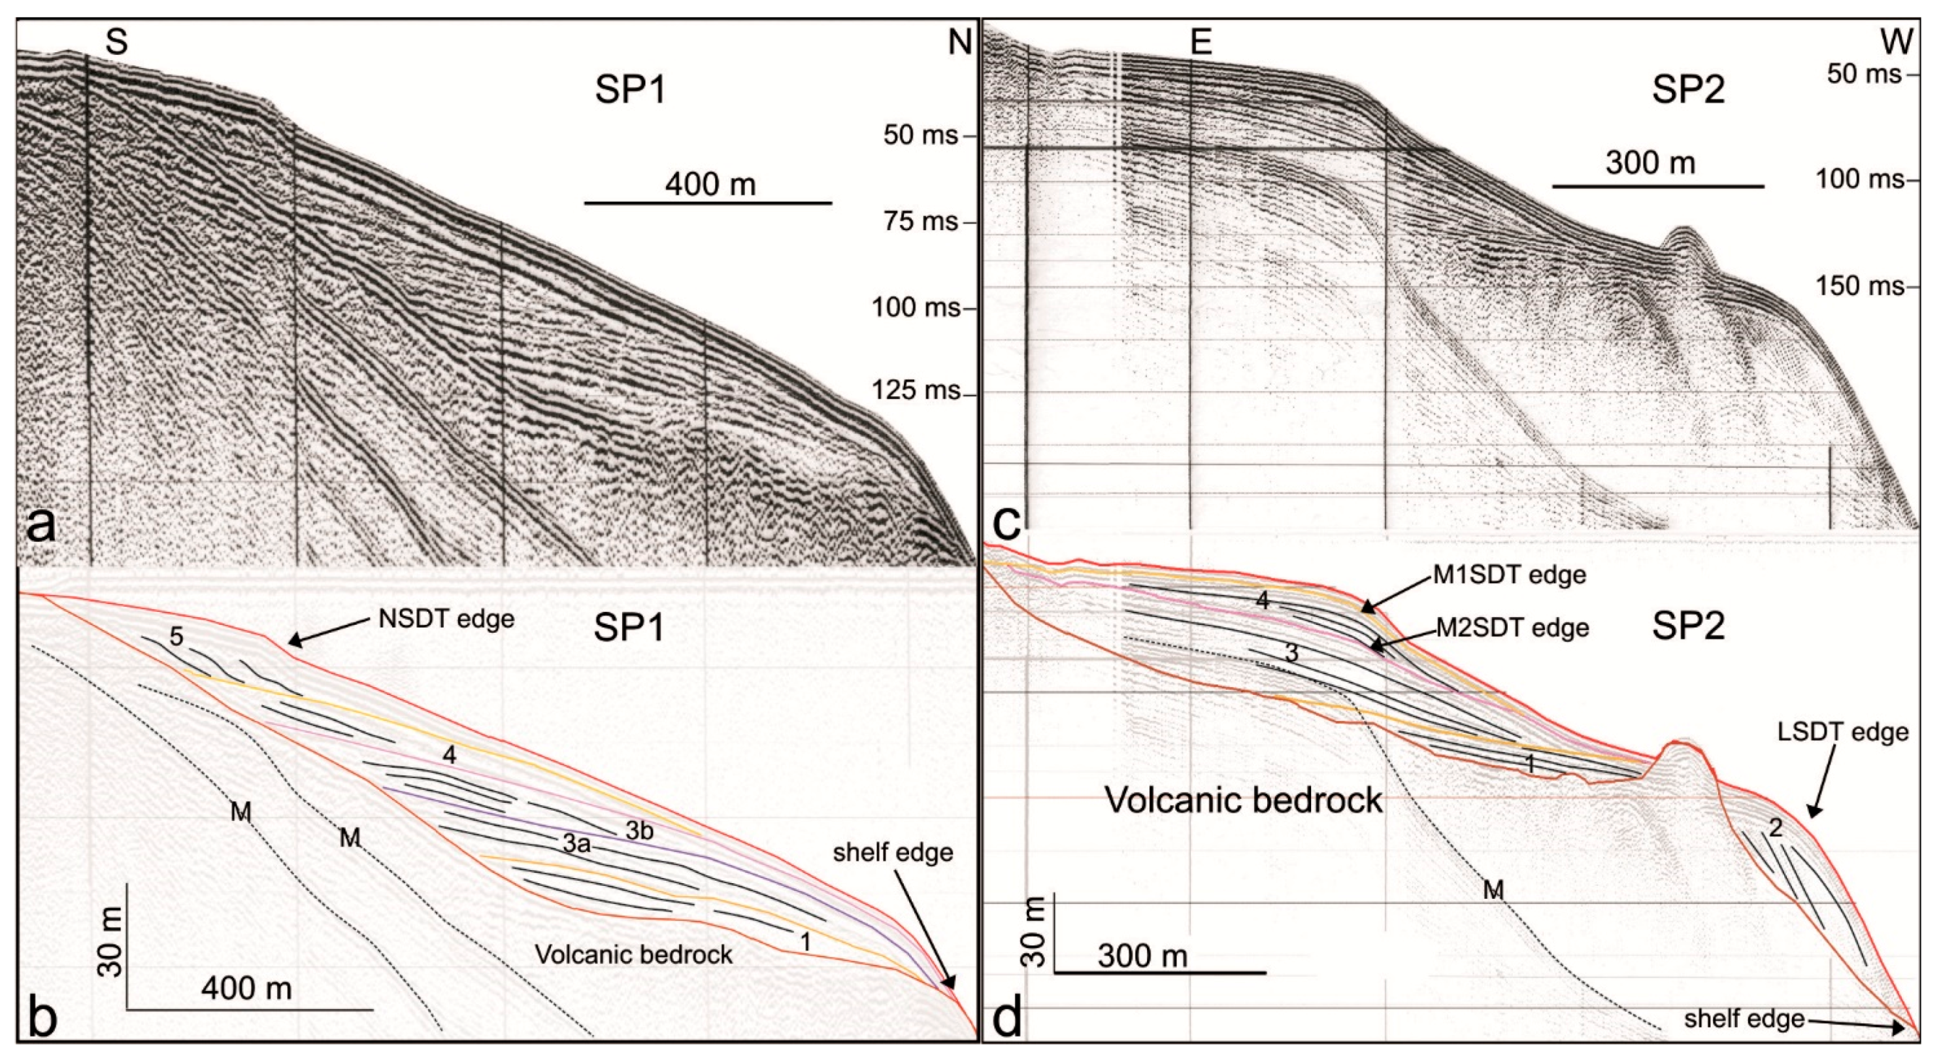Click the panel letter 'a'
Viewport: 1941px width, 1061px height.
tap(41, 525)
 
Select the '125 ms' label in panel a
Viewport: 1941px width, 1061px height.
tap(916, 390)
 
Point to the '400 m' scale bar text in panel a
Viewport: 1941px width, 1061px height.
tap(710, 184)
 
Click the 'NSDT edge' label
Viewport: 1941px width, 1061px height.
tap(446, 620)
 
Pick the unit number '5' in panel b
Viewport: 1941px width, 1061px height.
tap(176, 637)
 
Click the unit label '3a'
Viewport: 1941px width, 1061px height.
tap(576, 843)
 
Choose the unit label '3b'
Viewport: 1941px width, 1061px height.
tap(639, 830)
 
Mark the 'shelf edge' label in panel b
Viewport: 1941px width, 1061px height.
tap(893, 852)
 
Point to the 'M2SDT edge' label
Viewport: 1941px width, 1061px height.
tap(1512, 628)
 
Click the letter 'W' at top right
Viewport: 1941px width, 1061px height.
tap(1897, 43)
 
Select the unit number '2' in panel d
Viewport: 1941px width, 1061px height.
tap(1776, 829)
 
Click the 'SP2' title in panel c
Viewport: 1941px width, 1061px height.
tap(1688, 92)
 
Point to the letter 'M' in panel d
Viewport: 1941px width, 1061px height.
tap(1493, 890)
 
